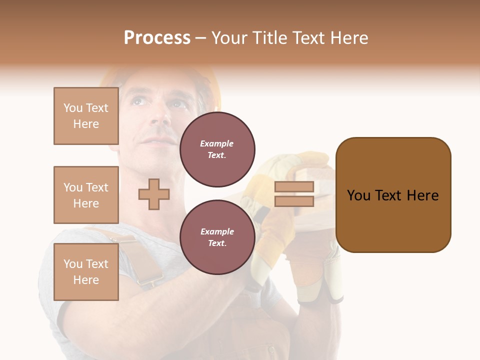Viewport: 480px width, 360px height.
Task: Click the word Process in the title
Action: (x=157, y=38)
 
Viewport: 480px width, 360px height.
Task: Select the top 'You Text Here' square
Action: (x=86, y=116)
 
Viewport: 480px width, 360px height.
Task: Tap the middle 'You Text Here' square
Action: (x=86, y=195)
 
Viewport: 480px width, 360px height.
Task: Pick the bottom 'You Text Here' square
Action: (x=86, y=272)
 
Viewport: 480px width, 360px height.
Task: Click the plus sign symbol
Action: (x=154, y=194)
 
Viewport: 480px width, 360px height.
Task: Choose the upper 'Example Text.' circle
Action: (x=217, y=149)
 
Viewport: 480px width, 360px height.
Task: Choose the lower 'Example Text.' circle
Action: (x=217, y=237)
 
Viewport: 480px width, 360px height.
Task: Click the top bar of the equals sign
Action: (x=294, y=186)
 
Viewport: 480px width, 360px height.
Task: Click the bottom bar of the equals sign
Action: (x=294, y=201)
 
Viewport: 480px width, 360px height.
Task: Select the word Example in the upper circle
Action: (x=217, y=144)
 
